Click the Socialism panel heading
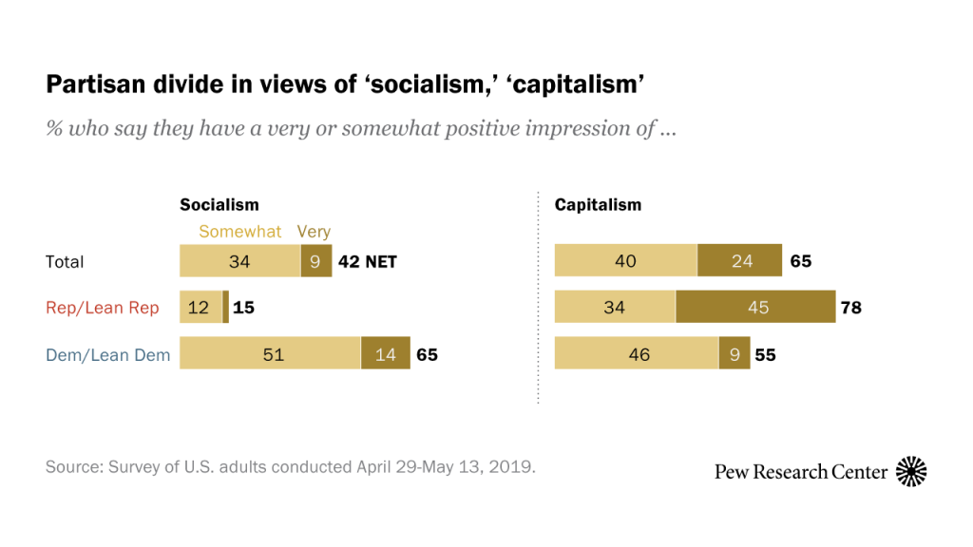click(x=219, y=204)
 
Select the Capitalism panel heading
click(x=598, y=204)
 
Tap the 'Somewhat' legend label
click(x=239, y=231)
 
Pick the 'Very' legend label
click(x=314, y=231)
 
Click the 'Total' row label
click(x=65, y=261)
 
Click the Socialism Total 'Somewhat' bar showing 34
click(x=239, y=261)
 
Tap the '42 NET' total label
click(x=367, y=261)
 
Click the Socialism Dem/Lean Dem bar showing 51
click(x=270, y=354)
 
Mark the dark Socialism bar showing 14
click(x=385, y=354)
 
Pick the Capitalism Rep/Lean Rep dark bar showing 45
click(x=755, y=307)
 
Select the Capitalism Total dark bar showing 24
click(x=739, y=261)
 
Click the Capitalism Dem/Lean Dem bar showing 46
click(x=637, y=354)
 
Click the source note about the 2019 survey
click(x=290, y=467)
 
